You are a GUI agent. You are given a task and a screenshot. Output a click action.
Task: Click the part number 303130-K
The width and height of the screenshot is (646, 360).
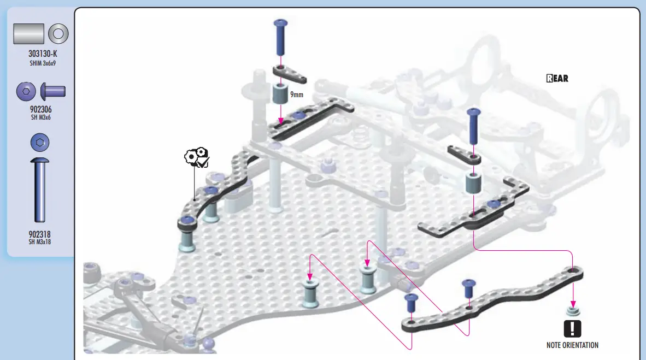(43, 54)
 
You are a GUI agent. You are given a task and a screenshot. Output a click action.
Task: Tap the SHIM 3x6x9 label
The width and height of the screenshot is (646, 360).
(43, 63)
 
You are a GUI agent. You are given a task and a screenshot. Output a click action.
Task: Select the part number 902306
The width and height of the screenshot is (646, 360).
(41, 109)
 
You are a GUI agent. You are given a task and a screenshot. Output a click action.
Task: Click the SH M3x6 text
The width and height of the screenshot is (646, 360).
(41, 117)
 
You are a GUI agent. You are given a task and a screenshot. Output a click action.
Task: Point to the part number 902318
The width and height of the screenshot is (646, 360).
(39, 234)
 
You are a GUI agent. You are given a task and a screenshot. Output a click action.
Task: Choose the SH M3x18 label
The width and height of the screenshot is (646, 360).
(39, 242)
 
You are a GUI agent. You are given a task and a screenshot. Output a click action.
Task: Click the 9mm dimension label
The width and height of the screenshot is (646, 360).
(297, 95)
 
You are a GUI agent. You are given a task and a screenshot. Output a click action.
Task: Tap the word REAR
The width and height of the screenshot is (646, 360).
(557, 78)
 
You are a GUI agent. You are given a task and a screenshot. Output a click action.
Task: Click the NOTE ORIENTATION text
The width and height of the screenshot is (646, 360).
(572, 345)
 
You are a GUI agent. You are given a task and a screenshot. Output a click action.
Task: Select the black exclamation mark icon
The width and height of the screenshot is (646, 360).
(572, 329)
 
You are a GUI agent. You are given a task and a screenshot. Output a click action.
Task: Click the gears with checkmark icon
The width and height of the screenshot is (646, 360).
(197, 157)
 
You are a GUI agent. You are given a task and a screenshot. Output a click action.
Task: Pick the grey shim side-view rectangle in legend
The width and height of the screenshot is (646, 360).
(28, 34)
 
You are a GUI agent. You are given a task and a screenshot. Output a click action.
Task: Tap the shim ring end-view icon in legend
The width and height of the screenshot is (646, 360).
(58, 34)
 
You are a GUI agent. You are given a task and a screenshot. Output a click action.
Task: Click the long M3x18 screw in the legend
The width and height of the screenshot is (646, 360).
(39, 190)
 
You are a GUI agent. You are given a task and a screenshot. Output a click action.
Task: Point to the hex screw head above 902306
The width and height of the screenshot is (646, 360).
(26, 91)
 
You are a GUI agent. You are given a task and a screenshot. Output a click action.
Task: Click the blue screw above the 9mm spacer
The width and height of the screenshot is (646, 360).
(280, 37)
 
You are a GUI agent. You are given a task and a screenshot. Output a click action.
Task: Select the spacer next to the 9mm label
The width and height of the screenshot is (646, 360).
(280, 93)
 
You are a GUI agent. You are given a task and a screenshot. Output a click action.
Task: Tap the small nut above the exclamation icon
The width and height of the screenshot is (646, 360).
(573, 311)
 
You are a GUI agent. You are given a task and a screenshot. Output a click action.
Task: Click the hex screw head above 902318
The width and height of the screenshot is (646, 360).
(39, 143)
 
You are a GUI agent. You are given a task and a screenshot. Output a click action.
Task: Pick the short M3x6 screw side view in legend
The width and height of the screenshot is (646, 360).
(53, 91)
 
